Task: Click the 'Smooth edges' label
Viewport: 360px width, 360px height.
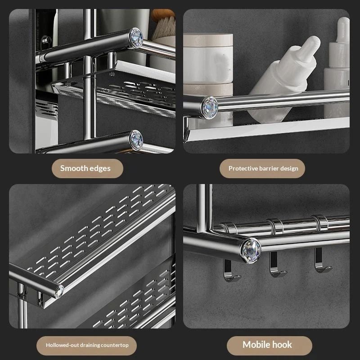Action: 85,168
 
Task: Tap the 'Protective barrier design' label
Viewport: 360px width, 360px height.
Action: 263,168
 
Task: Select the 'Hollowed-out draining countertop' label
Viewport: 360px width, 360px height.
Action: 87,345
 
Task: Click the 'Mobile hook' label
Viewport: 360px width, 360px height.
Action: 267,345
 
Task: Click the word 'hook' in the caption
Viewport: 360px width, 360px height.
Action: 282,345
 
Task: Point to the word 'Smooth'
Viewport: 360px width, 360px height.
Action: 73,168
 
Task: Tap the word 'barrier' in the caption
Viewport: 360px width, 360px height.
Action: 269,168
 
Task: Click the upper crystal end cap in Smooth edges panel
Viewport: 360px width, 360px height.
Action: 136,38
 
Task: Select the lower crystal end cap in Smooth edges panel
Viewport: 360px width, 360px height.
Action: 136,140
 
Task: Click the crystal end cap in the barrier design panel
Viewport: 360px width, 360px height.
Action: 210,108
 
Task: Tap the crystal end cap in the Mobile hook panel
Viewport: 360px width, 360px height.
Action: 251,250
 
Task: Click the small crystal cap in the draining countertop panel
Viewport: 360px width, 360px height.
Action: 59,291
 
